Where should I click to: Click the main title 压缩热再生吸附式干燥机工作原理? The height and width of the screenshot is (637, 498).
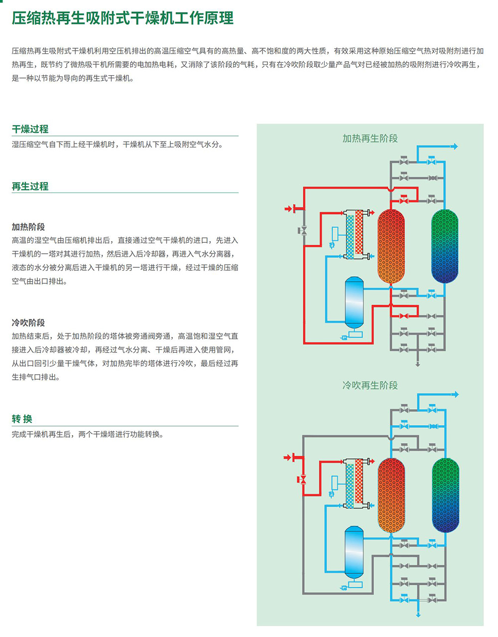pos(123,18)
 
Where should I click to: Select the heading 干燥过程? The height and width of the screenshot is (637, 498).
pos(30,129)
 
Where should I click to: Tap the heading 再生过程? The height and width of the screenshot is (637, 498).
pos(30,186)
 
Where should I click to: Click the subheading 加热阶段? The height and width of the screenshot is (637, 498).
pos(28,226)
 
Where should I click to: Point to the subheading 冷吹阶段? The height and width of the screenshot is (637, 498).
pos(28,323)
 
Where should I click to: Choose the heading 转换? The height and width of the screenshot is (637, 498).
pos(22,419)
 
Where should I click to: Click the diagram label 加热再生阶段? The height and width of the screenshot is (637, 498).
pos(370,138)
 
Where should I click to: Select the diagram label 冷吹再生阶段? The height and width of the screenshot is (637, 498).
pos(370,385)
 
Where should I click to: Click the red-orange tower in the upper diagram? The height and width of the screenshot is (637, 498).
pos(391,246)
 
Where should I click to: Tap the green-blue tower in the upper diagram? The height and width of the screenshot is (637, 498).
pos(445,246)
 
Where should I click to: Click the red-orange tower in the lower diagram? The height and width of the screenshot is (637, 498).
pos(391,495)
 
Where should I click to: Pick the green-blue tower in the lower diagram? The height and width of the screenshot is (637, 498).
pos(445,495)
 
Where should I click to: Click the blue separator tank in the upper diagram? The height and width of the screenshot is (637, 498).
pos(354,302)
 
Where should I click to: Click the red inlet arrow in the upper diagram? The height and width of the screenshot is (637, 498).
pos(288,209)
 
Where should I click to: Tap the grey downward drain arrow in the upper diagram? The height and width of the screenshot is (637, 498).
pos(418,364)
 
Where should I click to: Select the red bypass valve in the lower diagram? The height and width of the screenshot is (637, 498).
pos(302,480)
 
